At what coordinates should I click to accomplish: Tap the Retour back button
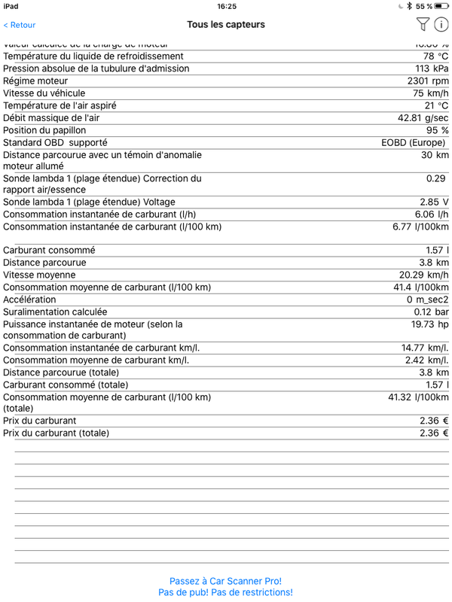(20, 25)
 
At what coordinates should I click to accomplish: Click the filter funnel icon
(423, 25)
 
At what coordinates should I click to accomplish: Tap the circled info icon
(441, 25)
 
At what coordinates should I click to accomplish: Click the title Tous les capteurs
(226, 25)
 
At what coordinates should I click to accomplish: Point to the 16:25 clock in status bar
(226, 6)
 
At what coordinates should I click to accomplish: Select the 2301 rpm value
(427, 81)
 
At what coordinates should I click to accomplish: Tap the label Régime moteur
(35, 81)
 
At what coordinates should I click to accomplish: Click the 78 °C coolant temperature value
(435, 56)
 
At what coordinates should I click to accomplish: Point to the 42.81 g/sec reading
(423, 118)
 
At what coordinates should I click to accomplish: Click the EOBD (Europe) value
(413, 143)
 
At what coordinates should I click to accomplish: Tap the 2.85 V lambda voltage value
(434, 202)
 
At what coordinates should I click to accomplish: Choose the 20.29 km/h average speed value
(423, 275)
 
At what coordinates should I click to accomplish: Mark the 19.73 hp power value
(429, 324)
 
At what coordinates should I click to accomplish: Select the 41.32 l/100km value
(418, 397)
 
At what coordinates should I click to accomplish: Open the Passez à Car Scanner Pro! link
(225, 581)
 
